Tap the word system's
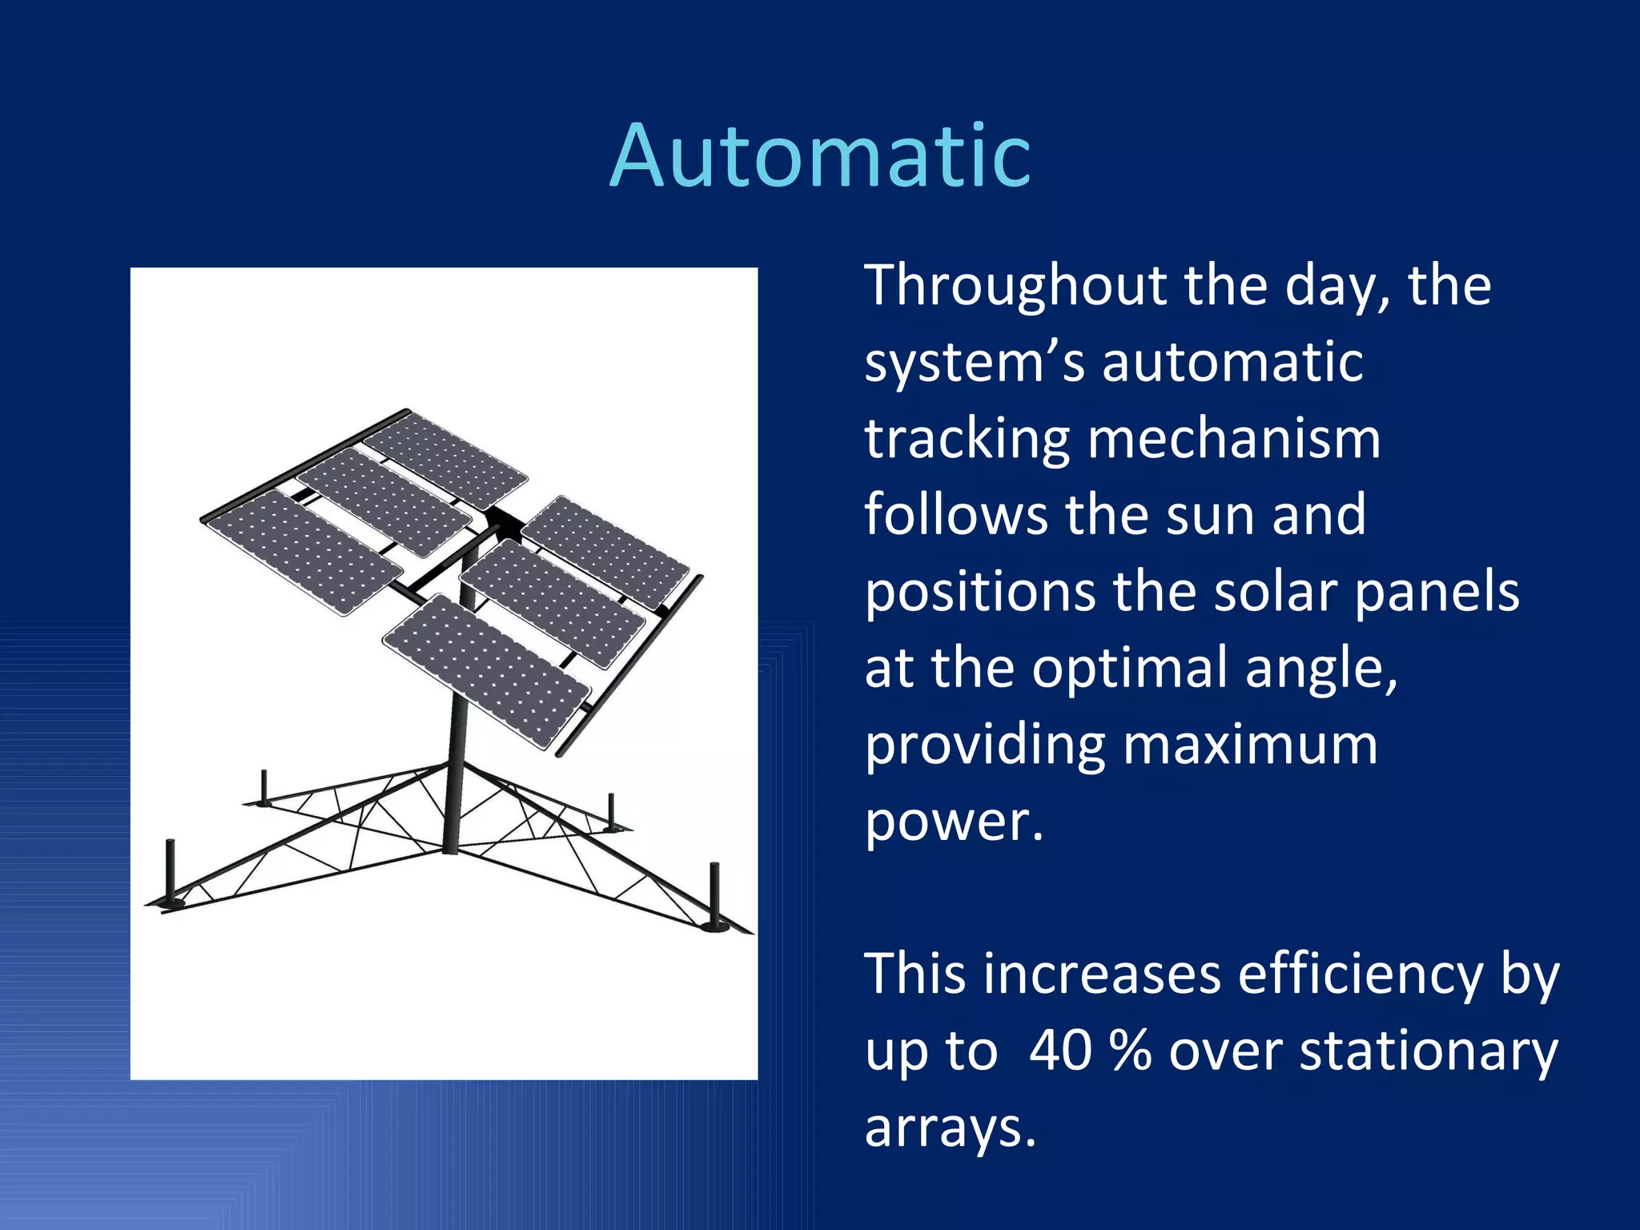coord(974,363)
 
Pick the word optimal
coord(1129,669)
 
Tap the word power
coord(953,822)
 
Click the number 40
coord(1060,1051)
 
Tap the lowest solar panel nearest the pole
coord(487,669)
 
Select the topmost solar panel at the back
coord(445,460)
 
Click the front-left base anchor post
coord(170,873)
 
